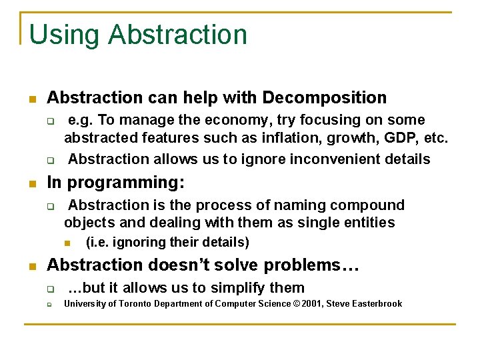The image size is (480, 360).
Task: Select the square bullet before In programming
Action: coord(31,183)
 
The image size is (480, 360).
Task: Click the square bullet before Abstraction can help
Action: coord(31,99)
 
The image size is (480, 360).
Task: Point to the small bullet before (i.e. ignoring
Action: coord(67,243)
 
